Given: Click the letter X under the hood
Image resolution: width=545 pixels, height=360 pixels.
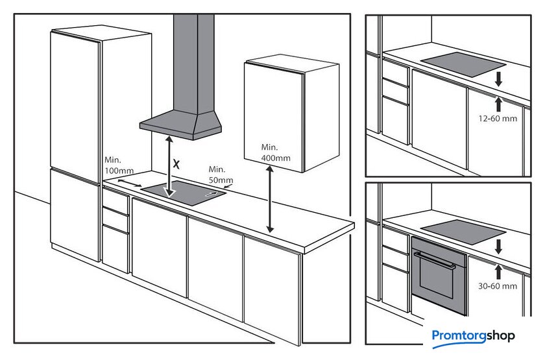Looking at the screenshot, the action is [x=176, y=164].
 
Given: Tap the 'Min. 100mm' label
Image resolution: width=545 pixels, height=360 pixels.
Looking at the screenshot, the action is [x=119, y=165].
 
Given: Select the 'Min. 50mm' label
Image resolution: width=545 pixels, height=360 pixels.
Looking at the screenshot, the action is [x=221, y=174].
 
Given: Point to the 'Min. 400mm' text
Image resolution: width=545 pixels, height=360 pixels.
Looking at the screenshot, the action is [x=276, y=152].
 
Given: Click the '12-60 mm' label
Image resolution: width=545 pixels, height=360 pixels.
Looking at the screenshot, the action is [x=498, y=119].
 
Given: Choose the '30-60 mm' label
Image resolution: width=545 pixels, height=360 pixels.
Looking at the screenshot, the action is [x=498, y=286].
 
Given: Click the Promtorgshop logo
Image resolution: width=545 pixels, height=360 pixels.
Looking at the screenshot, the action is [x=473, y=337].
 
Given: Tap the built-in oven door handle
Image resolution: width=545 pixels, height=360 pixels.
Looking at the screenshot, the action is [x=435, y=260].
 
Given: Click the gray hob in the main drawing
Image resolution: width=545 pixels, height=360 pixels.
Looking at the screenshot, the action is [x=183, y=193].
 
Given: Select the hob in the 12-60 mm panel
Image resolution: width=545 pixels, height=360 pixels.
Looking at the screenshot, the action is [x=463, y=65].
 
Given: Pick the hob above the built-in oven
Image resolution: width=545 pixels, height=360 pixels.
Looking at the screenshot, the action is [x=463, y=232].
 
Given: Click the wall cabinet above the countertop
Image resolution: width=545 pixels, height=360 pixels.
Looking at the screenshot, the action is [x=291, y=116].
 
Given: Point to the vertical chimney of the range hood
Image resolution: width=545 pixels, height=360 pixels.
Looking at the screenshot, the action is [x=193, y=64].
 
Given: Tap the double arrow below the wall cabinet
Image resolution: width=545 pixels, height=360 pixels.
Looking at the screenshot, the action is [x=270, y=199].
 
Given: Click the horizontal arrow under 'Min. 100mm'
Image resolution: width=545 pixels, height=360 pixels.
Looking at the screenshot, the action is [x=130, y=183].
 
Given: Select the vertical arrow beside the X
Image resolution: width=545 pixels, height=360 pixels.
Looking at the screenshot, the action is [x=169, y=167].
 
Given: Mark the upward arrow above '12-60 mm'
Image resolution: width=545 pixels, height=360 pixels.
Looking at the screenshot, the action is [x=498, y=104].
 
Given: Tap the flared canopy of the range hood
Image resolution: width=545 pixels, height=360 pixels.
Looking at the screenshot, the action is [x=181, y=125].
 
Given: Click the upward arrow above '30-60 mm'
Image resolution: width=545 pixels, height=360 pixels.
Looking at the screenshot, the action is [x=498, y=272].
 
